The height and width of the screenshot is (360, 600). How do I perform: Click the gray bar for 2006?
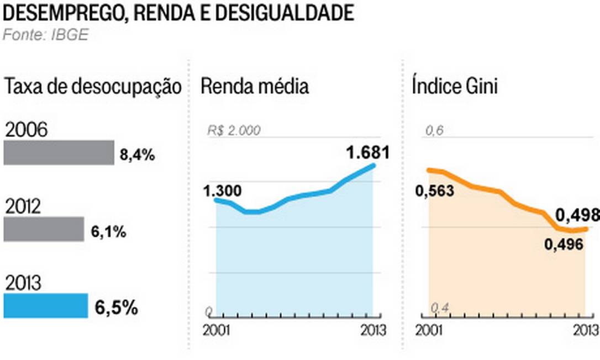[x=59, y=153]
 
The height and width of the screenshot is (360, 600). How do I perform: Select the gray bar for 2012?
[x=44, y=229]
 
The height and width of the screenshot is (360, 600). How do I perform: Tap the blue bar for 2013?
[x=46, y=306]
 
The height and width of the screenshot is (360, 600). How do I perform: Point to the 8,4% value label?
[x=137, y=156]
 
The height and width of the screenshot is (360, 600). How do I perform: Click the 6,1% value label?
[x=109, y=232]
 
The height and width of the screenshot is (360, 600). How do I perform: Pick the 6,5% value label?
[x=116, y=308]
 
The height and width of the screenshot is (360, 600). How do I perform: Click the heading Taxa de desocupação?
[x=93, y=87]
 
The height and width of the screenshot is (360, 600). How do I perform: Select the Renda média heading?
[x=254, y=87]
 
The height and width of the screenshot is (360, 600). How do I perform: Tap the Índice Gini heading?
[x=455, y=87]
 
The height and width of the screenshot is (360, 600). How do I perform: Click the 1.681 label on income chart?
[x=368, y=152]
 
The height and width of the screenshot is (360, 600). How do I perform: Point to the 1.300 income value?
[x=222, y=191]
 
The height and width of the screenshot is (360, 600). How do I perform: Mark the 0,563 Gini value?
[x=435, y=191]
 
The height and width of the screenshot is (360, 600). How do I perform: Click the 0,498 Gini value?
[x=577, y=215]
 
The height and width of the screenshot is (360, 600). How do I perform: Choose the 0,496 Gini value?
[x=564, y=244]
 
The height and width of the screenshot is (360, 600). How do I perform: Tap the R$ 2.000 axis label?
[x=234, y=131]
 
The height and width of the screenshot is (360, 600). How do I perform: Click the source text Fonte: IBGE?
[x=46, y=35]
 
